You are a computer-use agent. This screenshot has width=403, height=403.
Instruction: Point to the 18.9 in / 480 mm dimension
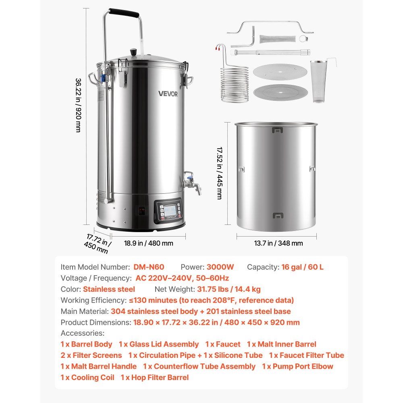149,243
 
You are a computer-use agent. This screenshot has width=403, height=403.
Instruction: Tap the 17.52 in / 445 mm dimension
220,173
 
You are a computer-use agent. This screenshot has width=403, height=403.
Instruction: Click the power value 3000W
220,267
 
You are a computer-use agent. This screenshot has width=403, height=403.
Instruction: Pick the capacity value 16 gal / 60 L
302,267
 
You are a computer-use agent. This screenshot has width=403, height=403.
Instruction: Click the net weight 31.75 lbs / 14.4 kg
229,289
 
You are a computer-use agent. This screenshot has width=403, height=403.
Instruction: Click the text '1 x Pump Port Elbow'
297,366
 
